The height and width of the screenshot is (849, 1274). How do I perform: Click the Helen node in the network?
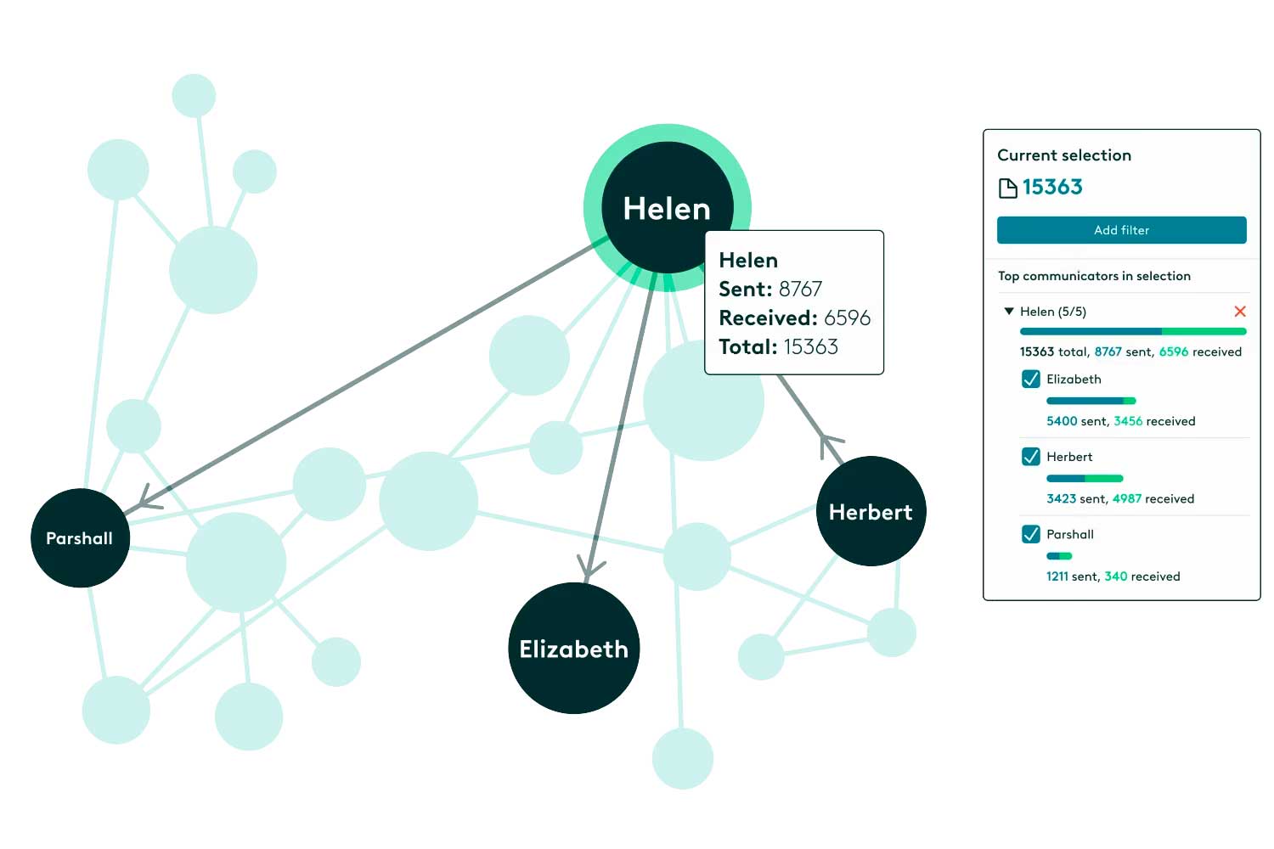click(667, 207)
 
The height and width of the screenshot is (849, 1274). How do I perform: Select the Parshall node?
click(80, 538)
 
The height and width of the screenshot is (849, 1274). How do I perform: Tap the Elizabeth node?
click(574, 649)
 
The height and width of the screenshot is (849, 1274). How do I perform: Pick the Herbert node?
click(871, 511)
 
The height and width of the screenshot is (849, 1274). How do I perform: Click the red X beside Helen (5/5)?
click(1240, 311)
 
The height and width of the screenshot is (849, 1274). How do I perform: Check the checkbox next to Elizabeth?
click(1030, 379)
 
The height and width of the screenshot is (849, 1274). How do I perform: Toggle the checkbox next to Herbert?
click(1030, 456)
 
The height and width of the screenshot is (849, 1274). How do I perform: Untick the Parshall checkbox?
click(1030, 534)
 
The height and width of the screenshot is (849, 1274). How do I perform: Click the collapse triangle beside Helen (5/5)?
click(1009, 311)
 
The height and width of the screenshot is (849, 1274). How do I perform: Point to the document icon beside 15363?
click(1008, 188)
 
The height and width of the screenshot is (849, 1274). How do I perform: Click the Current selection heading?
click(1064, 155)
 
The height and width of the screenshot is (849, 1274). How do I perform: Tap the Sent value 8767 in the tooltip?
click(800, 290)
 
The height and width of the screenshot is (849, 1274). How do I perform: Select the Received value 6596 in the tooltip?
click(847, 318)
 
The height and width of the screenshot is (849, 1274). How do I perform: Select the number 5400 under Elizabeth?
click(1062, 421)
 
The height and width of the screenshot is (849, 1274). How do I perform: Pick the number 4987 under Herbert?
click(1127, 498)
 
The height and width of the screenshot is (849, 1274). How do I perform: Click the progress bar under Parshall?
click(1059, 555)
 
